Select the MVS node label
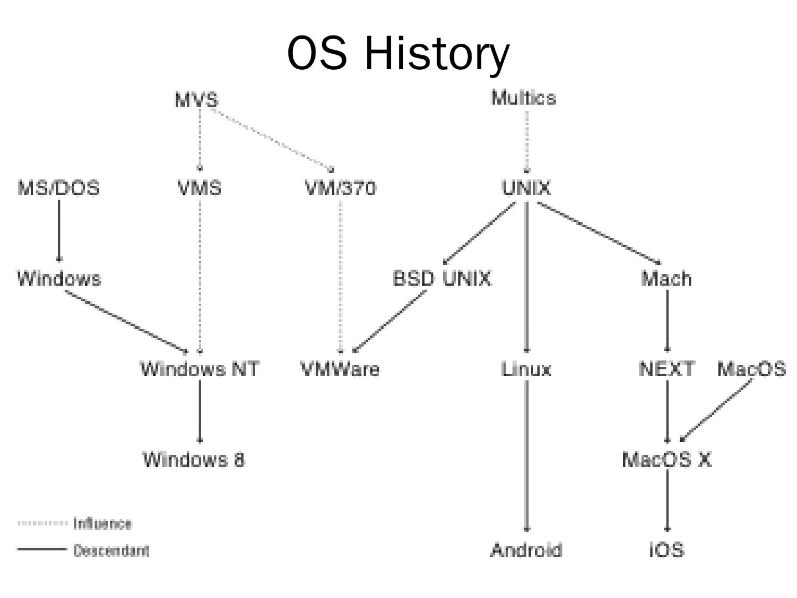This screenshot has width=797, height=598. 196,100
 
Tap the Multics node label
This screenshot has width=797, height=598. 524,98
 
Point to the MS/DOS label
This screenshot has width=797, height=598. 59,188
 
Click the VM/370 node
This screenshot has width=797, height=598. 340,188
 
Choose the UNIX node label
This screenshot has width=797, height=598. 526,188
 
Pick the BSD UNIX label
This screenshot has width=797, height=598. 442,278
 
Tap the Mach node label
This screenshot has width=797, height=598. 666,278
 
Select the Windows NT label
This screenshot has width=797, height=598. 199,369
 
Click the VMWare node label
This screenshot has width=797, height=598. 340,369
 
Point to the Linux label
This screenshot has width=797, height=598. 526,369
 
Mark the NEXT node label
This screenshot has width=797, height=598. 666,369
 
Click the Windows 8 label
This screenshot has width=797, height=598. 194,459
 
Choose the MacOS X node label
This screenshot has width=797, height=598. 666,459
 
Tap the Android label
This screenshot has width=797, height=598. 526,550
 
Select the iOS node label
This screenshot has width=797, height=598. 666,550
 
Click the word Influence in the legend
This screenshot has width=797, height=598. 102,523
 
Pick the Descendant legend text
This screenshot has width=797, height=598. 111,550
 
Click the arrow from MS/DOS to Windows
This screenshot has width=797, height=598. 59,230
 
